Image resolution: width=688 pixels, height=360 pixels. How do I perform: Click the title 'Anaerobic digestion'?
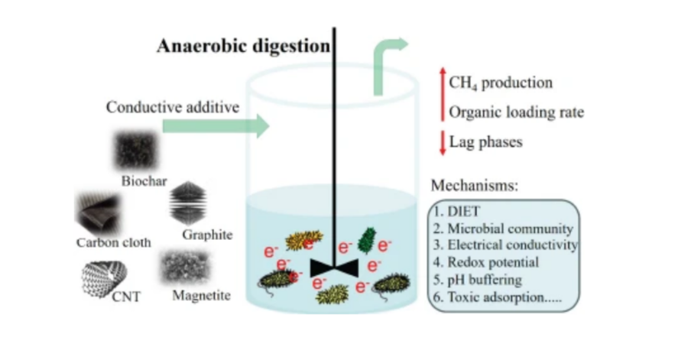[243, 46]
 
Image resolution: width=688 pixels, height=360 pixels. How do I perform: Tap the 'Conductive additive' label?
[172, 106]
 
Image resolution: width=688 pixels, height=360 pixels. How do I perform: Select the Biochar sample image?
[138, 150]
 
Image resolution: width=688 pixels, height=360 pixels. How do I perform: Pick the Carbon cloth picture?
[97, 213]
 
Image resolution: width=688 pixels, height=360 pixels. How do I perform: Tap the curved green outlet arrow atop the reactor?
[389, 64]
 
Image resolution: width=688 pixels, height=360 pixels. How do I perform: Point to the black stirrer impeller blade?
[334, 268]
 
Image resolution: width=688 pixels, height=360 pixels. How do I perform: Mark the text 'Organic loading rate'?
[516, 112]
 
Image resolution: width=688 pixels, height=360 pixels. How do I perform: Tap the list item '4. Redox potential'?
[484, 262]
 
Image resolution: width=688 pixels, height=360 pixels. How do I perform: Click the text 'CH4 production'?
[501, 83]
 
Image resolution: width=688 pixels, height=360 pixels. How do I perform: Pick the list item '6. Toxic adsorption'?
[496, 297]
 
